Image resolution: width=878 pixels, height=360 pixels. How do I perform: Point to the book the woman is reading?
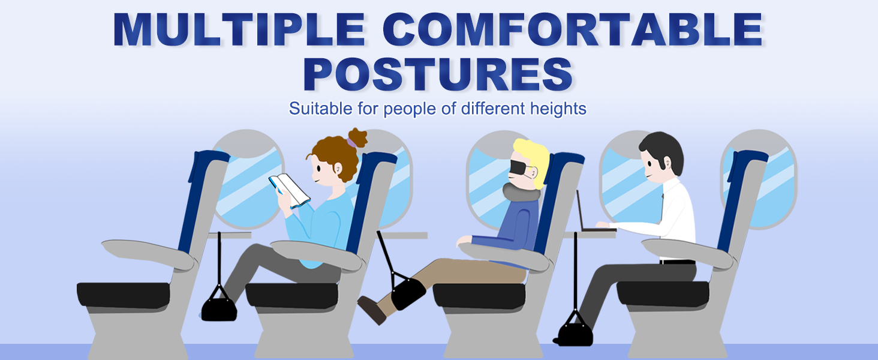point(290,190)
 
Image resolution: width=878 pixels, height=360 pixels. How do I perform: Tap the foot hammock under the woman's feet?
point(218,308)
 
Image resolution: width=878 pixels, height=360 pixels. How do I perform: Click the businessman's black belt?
point(677,262)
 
